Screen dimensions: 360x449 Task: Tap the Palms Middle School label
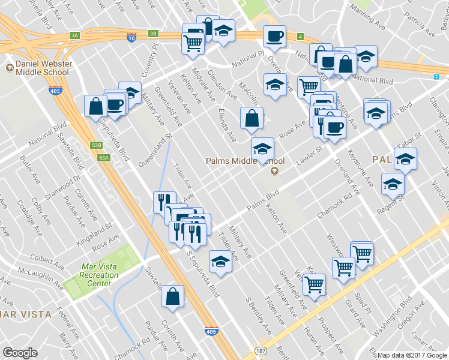click(245, 161)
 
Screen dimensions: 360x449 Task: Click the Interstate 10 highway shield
click(131, 37)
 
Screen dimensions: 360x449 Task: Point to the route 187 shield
click(260, 349)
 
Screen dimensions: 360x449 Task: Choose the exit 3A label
click(74, 35)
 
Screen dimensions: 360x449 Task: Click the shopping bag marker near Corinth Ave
click(172, 296)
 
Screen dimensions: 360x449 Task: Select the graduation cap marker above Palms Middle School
click(262, 148)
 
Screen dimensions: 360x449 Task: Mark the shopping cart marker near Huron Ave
click(314, 284)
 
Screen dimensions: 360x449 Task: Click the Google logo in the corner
click(20, 353)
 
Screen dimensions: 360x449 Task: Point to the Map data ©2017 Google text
click(412, 355)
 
